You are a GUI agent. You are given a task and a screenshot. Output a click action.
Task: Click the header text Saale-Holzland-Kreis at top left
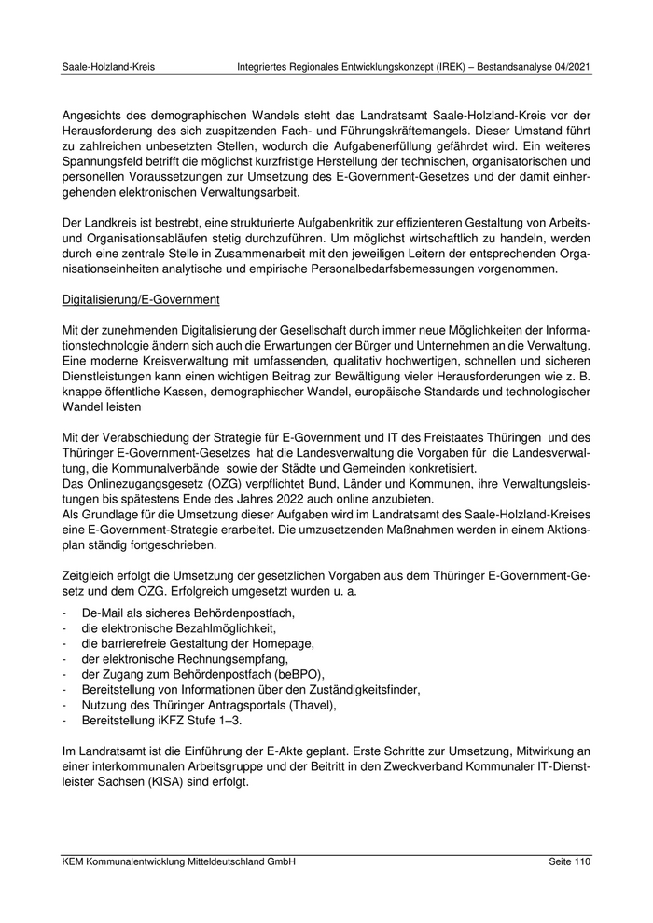click(x=108, y=68)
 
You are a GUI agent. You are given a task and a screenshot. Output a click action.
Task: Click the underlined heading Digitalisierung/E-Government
click(x=140, y=301)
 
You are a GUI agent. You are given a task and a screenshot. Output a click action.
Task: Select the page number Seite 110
click(x=570, y=862)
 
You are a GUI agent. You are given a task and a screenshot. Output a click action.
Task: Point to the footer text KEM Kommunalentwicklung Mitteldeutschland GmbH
click(x=178, y=862)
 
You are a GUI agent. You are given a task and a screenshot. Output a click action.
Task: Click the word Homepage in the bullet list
click(x=283, y=643)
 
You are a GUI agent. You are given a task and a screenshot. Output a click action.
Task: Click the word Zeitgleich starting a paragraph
click(x=91, y=576)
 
